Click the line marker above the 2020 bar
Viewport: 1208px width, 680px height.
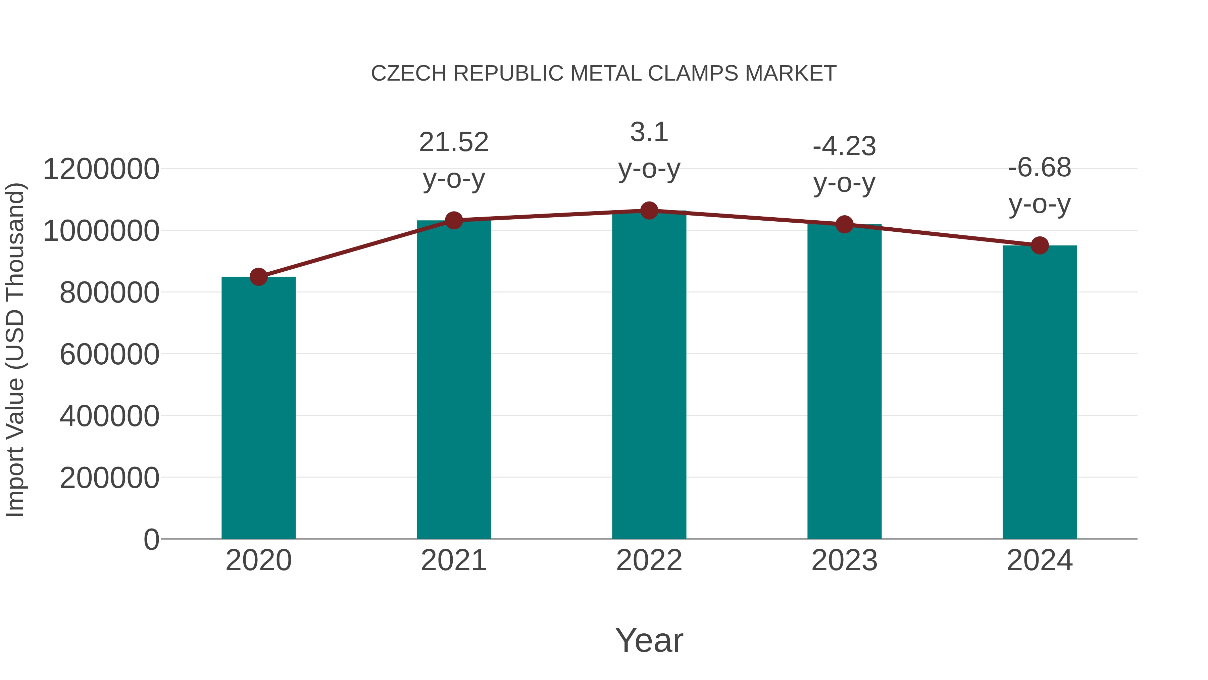point(258,277)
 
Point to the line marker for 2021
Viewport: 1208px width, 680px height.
point(453,220)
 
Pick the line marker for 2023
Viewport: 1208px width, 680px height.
point(844,224)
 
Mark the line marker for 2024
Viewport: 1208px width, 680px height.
point(1040,245)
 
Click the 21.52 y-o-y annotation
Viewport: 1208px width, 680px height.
point(453,142)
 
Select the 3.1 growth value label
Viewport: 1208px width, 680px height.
point(649,132)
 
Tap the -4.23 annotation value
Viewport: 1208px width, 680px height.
point(844,146)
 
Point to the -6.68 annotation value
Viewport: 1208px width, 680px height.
point(1040,168)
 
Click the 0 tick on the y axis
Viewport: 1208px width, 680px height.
point(151,539)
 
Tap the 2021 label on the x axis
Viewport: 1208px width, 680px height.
point(453,560)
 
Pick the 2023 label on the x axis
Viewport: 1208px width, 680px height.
point(844,560)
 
